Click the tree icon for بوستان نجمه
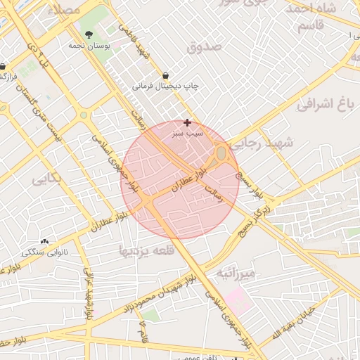[x=89, y=34]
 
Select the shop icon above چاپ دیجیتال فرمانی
[x=165, y=75]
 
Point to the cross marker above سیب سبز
[x=187, y=122]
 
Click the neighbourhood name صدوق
[x=205, y=46]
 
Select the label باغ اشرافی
[x=323, y=105]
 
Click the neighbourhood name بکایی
[x=46, y=179]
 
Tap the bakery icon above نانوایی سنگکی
[x=46, y=241]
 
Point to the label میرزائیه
[x=236, y=272]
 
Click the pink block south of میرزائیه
[x=238, y=302]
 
